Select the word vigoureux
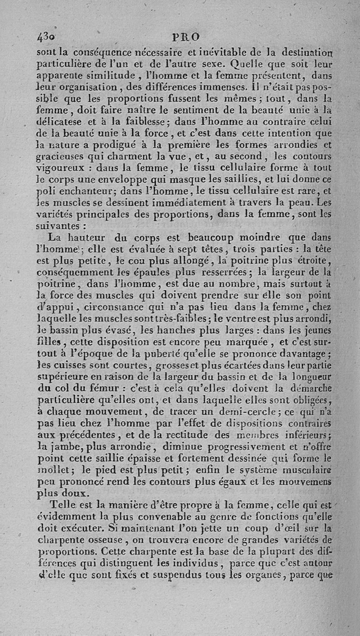(x=61, y=168)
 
